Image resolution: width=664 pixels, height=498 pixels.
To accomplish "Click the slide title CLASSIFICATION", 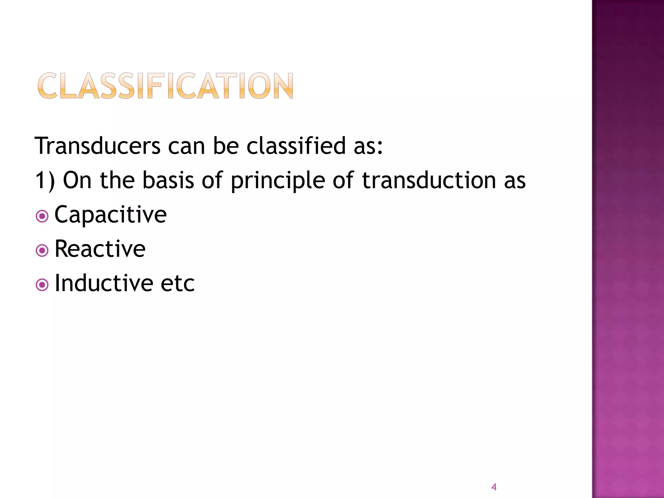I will pyautogui.click(x=165, y=86).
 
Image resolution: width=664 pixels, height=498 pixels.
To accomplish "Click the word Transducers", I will pyautogui.click(x=98, y=146).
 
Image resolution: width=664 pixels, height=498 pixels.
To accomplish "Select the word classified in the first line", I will pyautogui.click(x=296, y=146).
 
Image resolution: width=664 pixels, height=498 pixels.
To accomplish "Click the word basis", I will pyautogui.click(x=168, y=180).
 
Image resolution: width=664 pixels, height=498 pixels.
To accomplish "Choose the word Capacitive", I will pyautogui.click(x=111, y=215).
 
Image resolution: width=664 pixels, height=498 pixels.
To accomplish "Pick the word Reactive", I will pyautogui.click(x=100, y=249).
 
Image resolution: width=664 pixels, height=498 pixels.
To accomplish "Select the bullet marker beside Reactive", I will pyautogui.click(x=42, y=250).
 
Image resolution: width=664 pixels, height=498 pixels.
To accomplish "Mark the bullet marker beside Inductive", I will pyautogui.click(x=42, y=285).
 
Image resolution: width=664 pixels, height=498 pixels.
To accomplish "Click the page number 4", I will pyautogui.click(x=494, y=487).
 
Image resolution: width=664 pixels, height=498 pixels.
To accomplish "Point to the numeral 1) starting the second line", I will pyautogui.click(x=45, y=181).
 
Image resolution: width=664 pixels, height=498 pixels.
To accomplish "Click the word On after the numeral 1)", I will pyautogui.click(x=77, y=180).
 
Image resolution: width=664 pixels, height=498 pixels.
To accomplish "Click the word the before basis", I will pyautogui.click(x=117, y=180).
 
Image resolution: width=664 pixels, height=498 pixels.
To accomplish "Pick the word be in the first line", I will pyautogui.click(x=226, y=146).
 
